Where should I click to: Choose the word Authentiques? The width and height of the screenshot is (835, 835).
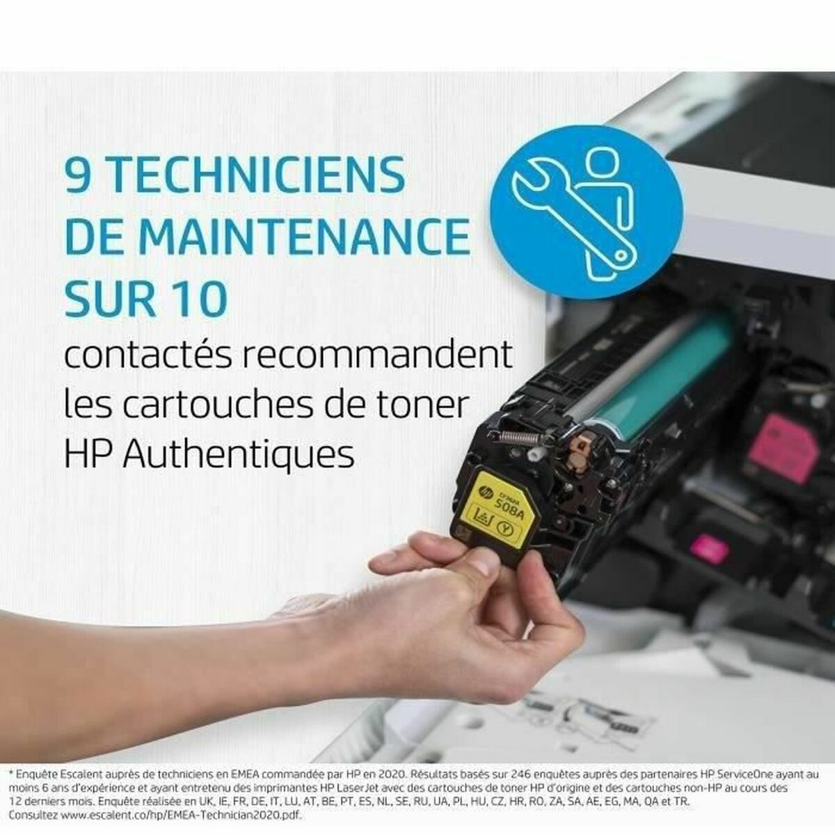click(243, 455)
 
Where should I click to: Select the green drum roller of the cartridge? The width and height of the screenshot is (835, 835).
click(654, 379)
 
